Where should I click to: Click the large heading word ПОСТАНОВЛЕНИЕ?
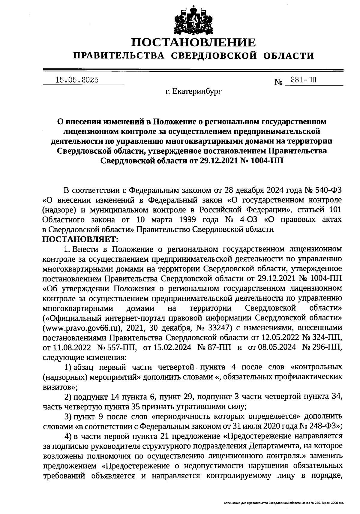[194, 43]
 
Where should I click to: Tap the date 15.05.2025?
[77, 80]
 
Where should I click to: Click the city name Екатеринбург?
[197, 91]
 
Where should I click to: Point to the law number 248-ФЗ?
[325, 426]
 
